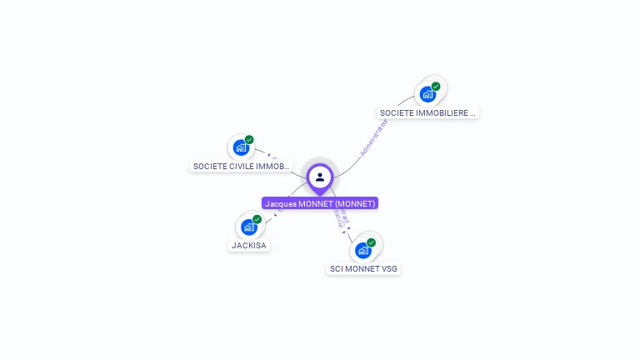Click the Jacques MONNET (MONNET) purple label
(320, 203)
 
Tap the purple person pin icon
(320, 177)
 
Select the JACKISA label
(249, 245)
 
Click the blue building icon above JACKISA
(248, 227)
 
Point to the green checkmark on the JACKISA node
(257, 219)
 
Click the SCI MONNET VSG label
(363, 268)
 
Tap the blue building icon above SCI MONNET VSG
(362, 250)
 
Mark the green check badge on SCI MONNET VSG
(371, 242)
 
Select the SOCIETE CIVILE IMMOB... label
(242, 166)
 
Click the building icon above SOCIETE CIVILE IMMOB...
(241, 148)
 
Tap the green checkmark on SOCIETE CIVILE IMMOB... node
(249, 140)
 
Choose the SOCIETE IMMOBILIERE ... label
(428, 112)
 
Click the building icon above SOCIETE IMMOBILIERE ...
(427, 94)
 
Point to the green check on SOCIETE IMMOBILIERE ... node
(436, 86)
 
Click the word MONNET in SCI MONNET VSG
(364, 268)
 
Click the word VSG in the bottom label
(390, 268)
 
